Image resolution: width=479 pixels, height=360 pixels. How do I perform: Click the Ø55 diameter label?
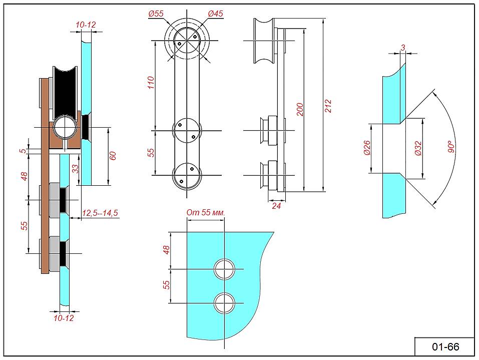[156, 14]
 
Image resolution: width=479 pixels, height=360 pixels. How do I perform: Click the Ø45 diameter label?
[215, 14]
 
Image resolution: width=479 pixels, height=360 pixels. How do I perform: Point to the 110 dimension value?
[151, 83]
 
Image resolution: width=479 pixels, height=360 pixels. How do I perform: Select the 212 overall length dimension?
[328, 106]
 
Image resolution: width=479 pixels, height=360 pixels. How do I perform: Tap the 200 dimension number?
[300, 110]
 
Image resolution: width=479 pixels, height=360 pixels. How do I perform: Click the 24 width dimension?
[276, 206]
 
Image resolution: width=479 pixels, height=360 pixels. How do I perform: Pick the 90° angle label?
[451, 147]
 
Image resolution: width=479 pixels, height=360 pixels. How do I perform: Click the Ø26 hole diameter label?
[367, 148]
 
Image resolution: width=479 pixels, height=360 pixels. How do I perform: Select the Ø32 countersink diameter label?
[418, 148]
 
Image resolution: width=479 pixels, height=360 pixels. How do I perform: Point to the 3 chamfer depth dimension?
[403, 48]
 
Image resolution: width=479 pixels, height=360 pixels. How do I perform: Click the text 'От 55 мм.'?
[206, 212]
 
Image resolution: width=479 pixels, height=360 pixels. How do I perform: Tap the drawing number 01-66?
[445, 346]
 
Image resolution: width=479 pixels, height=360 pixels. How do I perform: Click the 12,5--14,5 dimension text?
[100, 213]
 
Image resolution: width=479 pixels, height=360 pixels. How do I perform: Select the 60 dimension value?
[113, 156]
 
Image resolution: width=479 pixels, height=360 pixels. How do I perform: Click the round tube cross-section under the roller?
[65, 128]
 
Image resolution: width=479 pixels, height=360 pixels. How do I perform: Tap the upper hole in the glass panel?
[225, 269]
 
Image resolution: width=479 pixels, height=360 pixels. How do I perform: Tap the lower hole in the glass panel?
[225, 303]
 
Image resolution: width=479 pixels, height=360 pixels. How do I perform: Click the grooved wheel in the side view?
[264, 41]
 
